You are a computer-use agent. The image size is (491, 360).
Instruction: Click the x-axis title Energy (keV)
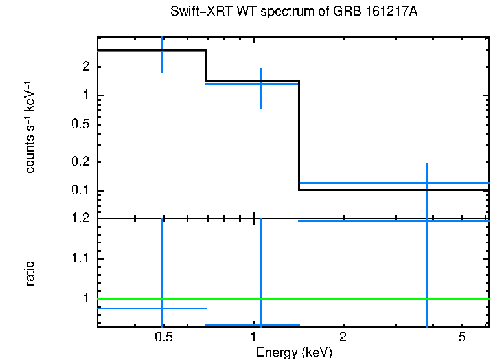[294, 352]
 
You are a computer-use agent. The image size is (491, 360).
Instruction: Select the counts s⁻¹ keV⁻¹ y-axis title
[30, 127]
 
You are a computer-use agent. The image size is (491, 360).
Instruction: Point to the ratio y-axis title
[30, 273]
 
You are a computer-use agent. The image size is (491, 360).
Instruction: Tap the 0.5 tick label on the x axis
[164, 337]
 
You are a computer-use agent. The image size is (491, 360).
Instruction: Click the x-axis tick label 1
[253, 337]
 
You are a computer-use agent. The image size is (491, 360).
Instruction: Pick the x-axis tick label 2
[343, 337]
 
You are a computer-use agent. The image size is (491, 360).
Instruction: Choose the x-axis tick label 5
[461, 337]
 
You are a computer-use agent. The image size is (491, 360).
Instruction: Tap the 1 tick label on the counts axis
[85, 96]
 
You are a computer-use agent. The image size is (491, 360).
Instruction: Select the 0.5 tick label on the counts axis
[80, 124]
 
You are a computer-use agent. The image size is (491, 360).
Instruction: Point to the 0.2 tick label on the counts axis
[80, 162]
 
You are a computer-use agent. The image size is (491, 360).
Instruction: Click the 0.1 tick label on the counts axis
[80, 190]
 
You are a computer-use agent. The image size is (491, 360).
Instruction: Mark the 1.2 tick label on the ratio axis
[80, 218]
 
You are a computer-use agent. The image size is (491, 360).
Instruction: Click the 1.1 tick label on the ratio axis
[80, 259]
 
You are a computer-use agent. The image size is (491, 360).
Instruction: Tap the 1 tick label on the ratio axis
[85, 299]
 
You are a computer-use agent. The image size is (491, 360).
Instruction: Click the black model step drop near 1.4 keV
[299, 136]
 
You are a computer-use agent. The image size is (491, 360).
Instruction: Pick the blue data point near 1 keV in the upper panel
[260, 84]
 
